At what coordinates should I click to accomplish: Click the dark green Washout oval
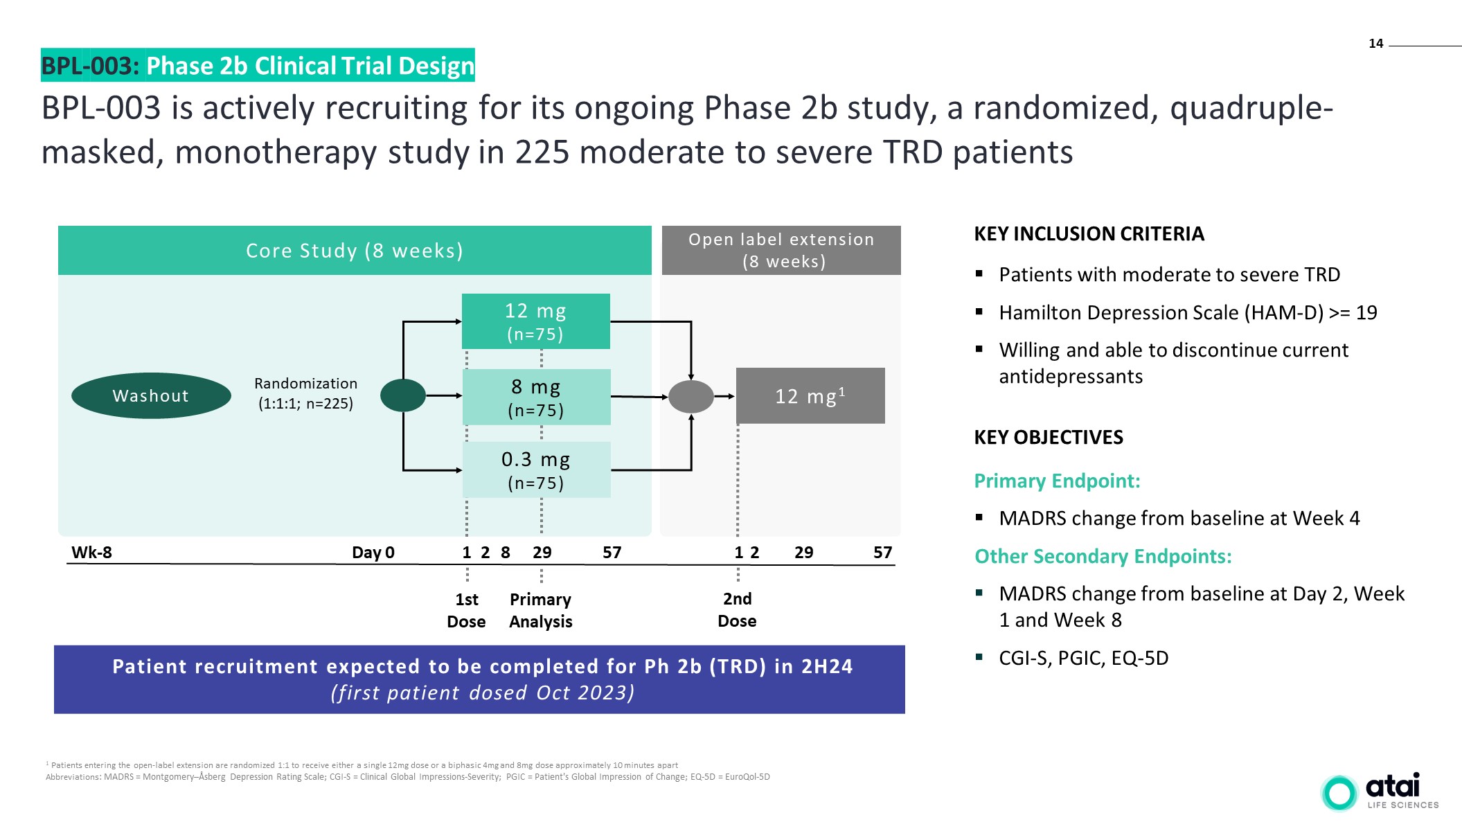[x=151, y=395]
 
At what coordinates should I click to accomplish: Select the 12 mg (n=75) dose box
[x=535, y=321]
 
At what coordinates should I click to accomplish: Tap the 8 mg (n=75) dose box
[x=536, y=397]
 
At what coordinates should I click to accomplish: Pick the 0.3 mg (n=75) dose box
[x=536, y=470]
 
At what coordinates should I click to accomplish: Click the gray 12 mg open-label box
[x=810, y=395]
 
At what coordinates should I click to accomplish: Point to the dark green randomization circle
[x=403, y=395]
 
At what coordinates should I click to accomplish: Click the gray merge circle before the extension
[x=690, y=397]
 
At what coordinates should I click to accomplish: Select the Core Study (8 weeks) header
[x=355, y=250]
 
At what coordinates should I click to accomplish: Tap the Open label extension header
[x=781, y=250]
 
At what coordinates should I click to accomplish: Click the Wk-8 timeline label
[x=91, y=553]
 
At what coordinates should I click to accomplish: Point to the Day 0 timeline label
[x=373, y=553]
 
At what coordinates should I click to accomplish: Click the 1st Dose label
[x=466, y=610]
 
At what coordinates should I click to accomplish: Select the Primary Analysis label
[x=540, y=610]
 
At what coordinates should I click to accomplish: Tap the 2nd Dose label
[x=737, y=609]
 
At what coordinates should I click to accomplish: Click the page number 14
[x=1375, y=44]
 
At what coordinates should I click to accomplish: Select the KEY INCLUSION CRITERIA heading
[x=1089, y=234]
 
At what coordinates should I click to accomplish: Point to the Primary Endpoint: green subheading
[x=1057, y=481]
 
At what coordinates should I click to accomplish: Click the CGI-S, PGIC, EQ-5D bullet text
[x=1083, y=658]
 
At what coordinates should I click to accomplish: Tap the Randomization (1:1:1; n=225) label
[x=305, y=393]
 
